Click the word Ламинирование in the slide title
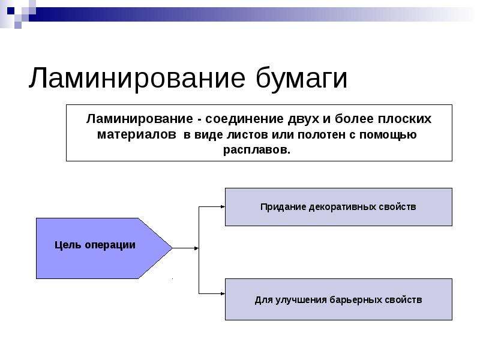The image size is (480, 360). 137,79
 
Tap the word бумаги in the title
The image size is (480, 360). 302,79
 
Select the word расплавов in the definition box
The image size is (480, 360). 256,150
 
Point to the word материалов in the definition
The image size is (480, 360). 137,134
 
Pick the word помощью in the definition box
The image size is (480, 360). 388,135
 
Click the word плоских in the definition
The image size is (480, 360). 404,119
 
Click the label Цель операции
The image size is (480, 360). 95,245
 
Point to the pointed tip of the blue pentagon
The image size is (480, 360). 172,248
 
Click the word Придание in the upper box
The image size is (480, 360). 283,207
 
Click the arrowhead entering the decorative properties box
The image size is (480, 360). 223,206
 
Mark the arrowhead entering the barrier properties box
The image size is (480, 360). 223,293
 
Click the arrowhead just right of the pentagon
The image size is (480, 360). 196,248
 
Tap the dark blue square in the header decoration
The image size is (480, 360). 10,11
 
